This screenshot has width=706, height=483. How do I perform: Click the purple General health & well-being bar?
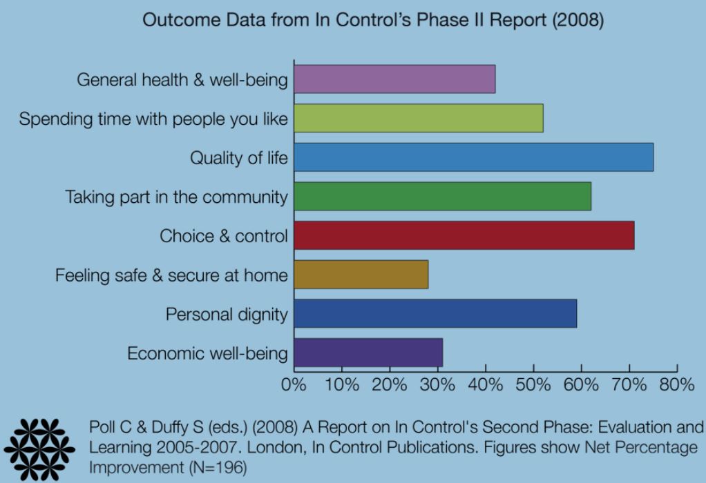pos(394,78)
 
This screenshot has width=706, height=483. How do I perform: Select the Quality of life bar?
pos(473,157)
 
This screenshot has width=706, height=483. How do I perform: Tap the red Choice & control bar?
pos(464,235)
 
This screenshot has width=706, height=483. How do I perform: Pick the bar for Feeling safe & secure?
pos(361,275)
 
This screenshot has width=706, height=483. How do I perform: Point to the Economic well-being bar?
pos(368,353)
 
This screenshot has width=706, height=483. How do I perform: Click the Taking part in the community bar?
pos(442,196)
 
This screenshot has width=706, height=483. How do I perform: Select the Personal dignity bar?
pos(435,314)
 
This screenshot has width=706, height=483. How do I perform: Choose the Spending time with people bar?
pos(419,117)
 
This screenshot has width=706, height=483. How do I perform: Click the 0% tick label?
pos(294,385)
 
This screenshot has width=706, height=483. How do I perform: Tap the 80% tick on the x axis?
pos(676,385)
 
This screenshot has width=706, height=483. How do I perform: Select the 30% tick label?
pos(437,385)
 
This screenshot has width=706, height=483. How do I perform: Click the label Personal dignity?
pos(227,315)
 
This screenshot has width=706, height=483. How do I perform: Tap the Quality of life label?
pos(239,158)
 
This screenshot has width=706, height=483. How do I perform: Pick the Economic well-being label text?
pos(207,354)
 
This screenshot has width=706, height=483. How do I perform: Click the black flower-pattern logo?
pos(39,448)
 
